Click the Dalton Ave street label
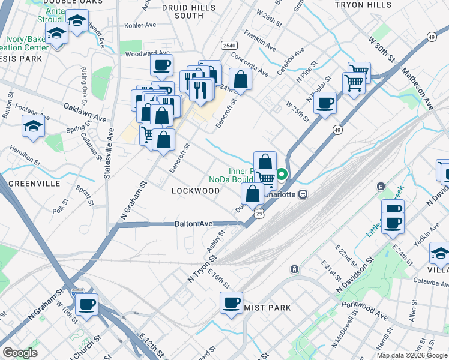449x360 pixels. (x=193, y=224)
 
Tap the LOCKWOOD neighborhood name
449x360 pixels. (x=196, y=191)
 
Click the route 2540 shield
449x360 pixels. (x=229, y=46)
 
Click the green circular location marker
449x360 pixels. (x=281, y=176)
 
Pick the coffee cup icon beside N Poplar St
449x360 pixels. (x=325, y=102)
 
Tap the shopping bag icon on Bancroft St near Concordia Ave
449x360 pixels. (x=240, y=79)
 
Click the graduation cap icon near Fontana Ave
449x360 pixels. (x=32, y=125)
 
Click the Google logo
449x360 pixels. (x=20, y=353)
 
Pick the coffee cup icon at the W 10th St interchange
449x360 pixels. (x=87, y=304)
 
